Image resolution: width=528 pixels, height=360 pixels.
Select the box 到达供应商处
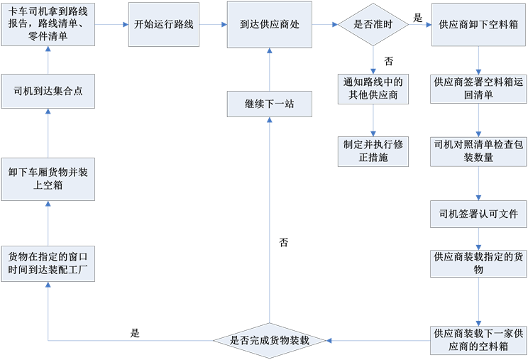pos(270,25)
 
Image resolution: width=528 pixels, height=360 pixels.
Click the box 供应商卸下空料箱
pos(478,25)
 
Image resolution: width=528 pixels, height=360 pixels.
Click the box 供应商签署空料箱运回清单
pos(478,88)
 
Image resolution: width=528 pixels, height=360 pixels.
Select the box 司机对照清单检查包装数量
pos(478,150)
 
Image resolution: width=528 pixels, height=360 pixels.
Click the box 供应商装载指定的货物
pos(478,263)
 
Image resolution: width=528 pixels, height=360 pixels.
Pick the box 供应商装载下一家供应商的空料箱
pos(478,339)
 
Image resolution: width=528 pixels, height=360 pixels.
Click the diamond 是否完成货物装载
pos(270,340)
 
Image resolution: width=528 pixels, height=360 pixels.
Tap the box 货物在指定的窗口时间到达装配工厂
pos(48,261)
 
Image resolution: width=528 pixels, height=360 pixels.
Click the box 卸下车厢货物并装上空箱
pos(48,180)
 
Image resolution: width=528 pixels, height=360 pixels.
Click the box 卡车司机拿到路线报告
pos(48,25)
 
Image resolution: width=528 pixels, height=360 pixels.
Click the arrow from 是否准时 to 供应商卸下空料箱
pos(419,25)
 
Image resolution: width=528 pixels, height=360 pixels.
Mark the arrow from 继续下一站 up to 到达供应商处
pos(270,70)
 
